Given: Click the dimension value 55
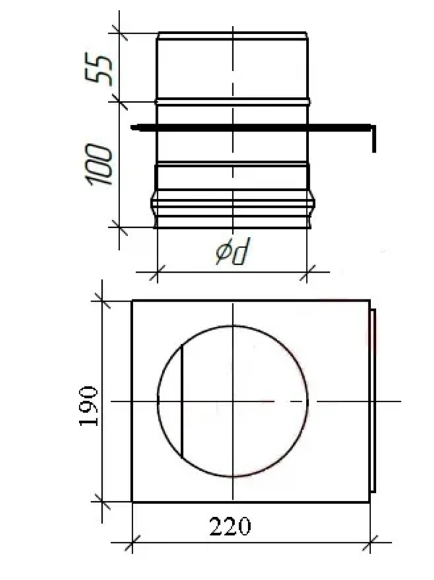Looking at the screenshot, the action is [99, 69].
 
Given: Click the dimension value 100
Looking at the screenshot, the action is [99, 165].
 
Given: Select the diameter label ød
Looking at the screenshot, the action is [233, 251].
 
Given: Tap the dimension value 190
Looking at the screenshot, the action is [89, 406].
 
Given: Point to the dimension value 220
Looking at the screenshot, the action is [230, 526].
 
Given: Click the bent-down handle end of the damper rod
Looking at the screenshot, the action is [374, 139].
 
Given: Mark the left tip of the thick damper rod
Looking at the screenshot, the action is [132, 128].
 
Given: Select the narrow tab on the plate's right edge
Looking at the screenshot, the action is [373, 401].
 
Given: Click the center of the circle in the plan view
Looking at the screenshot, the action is [233, 401].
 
